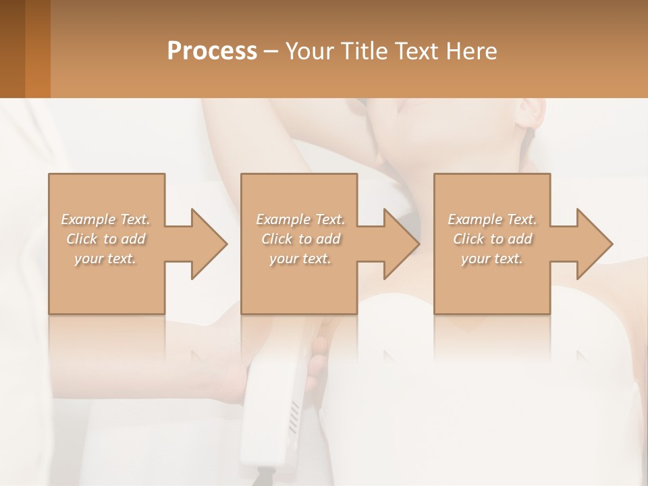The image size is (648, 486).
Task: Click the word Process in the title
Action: tap(212, 51)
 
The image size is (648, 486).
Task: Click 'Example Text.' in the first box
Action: tap(106, 219)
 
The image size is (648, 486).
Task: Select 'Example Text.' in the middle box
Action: tap(300, 219)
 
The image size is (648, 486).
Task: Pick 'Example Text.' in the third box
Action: tap(492, 219)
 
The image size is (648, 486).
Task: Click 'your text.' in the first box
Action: tap(106, 259)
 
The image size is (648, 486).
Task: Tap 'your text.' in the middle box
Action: tap(300, 259)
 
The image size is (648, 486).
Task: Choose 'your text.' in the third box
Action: tap(492, 259)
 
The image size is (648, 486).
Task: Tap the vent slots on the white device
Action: tap(294, 416)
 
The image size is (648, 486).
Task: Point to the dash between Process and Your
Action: tap(271, 51)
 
